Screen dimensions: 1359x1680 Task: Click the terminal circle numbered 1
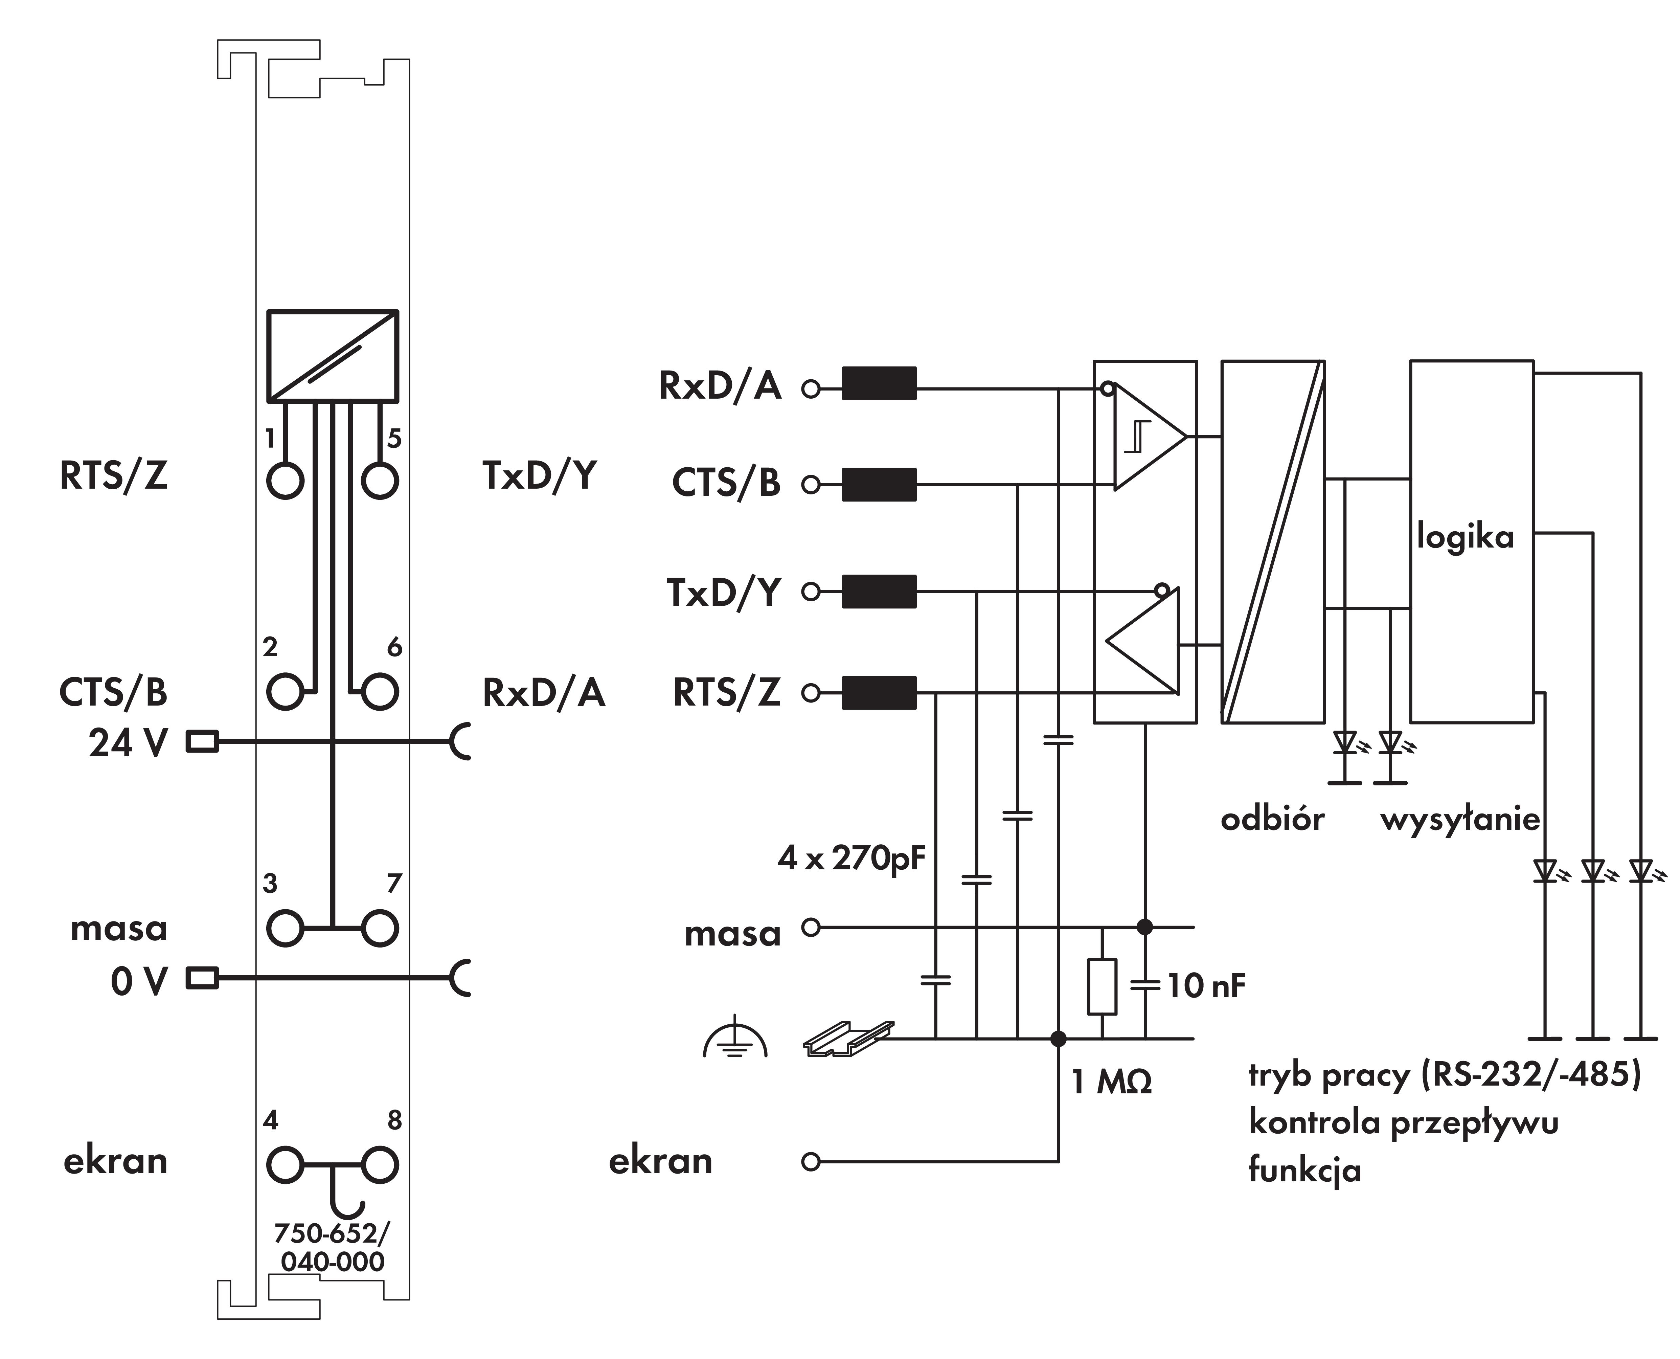[x=285, y=480]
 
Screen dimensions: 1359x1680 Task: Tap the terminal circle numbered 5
[x=380, y=480]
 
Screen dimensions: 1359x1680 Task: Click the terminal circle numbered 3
[x=285, y=929]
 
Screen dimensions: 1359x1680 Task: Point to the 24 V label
[x=128, y=743]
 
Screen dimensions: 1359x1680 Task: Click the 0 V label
[x=139, y=981]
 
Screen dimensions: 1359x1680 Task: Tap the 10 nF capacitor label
[x=1206, y=986]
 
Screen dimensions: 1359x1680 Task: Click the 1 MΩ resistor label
[x=1111, y=1082]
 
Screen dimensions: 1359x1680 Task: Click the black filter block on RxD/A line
[x=879, y=384]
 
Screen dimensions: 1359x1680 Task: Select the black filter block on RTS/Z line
[x=879, y=693]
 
